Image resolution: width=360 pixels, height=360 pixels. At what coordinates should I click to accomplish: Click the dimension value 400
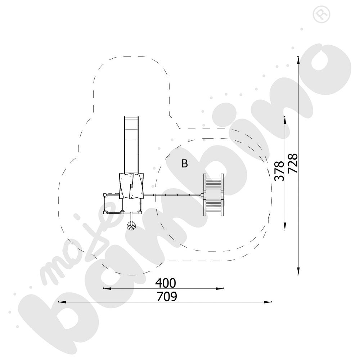coord(166,283)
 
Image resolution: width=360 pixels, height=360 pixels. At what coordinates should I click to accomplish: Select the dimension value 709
coord(167,297)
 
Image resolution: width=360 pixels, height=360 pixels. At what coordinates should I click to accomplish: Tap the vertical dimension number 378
coord(279,171)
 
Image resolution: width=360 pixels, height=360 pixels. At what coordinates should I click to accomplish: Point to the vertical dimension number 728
coord(293,163)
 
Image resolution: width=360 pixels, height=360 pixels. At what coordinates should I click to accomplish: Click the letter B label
coord(185,163)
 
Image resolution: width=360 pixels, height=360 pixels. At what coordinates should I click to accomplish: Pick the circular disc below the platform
coord(131,226)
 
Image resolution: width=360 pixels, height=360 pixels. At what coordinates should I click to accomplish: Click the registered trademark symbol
coord(321,14)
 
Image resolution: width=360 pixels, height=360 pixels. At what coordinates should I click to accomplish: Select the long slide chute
coord(131,145)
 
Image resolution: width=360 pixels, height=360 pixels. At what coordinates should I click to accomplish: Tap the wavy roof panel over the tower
coord(131,186)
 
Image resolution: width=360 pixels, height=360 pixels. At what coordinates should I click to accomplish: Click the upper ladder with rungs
coord(213,183)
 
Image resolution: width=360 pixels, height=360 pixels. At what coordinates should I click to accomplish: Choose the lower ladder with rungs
coord(213,206)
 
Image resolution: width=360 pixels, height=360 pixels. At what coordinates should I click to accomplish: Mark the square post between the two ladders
coord(202,195)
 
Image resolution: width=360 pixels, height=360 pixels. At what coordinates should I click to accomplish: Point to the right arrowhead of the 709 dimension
coord(268,302)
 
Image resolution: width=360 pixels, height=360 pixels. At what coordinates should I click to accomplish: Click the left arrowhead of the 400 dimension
coord(107,288)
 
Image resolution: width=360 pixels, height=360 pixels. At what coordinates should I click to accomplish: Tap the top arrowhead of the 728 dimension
coord(298,60)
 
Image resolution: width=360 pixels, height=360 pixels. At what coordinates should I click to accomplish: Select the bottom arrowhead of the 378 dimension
coord(285,226)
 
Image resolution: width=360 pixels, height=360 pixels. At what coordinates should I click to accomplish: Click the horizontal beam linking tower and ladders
coord(172,195)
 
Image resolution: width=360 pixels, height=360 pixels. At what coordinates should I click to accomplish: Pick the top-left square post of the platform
coord(105,195)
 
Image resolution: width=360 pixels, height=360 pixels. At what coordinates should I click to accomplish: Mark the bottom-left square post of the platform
coord(105,213)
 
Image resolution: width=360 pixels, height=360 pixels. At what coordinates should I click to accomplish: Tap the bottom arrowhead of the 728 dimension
coord(298,271)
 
